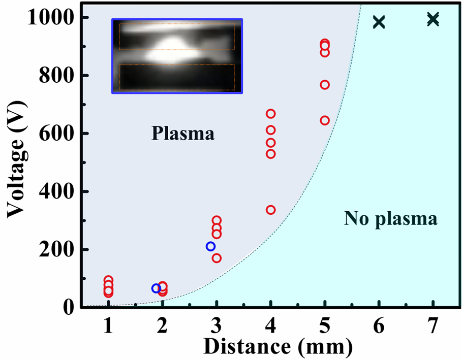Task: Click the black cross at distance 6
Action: click(379, 22)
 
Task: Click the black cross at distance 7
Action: click(433, 19)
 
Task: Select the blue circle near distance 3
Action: click(210, 246)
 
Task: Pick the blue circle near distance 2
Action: click(156, 288)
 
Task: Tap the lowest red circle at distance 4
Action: click(271, 210)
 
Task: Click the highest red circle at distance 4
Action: click(271, 114)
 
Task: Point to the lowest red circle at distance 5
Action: click(325, 120)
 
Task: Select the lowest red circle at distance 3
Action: click(217, 258)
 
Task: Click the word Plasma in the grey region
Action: click(182, 134)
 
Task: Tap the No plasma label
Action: click(390, 219)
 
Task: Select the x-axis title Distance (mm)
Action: click(278, 347)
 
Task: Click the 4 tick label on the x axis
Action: click(270, 328)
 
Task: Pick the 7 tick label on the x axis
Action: click(433, 328)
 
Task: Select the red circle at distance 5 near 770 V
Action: click(325, 85)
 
